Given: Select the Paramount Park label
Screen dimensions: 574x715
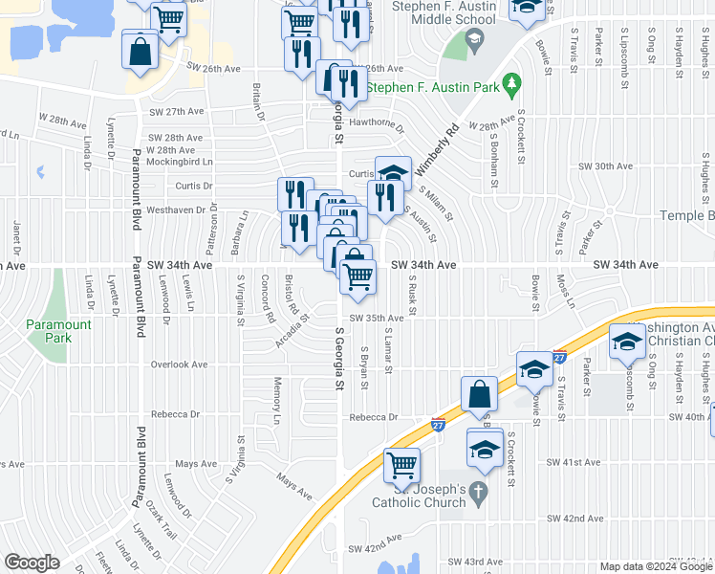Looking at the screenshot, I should [58, 331].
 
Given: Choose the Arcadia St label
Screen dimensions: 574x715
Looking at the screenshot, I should [292, 330].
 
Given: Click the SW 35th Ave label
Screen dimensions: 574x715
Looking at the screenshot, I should [376, 318].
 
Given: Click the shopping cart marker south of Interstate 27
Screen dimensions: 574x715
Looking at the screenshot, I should [401, 465].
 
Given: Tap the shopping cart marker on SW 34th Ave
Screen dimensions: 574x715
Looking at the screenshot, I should [357, 276].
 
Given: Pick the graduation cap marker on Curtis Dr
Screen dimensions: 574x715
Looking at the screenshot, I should [392, 173].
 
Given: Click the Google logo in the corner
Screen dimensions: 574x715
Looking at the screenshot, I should [32, 563].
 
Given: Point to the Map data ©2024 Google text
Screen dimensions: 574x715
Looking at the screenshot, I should [656, 566].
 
